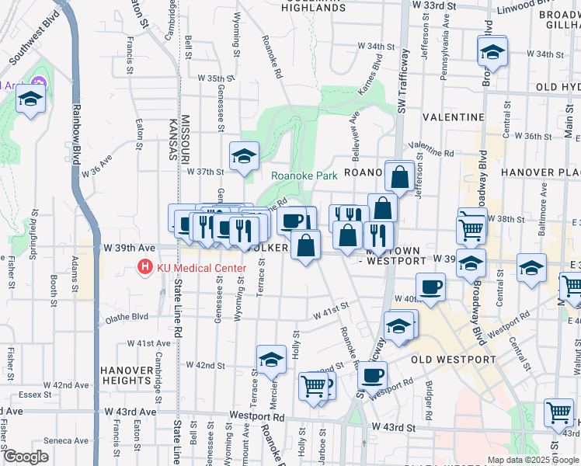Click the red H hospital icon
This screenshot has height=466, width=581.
pos(144,269)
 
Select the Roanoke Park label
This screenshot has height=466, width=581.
pos(304,176)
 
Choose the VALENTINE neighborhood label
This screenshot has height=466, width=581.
pos(454,116)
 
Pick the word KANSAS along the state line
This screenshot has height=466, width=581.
pos(173,141)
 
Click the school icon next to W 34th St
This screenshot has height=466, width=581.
pos(492,53)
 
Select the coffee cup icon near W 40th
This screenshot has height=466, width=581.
pos(431,287)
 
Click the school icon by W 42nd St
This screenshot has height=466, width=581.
pos(271,360)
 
